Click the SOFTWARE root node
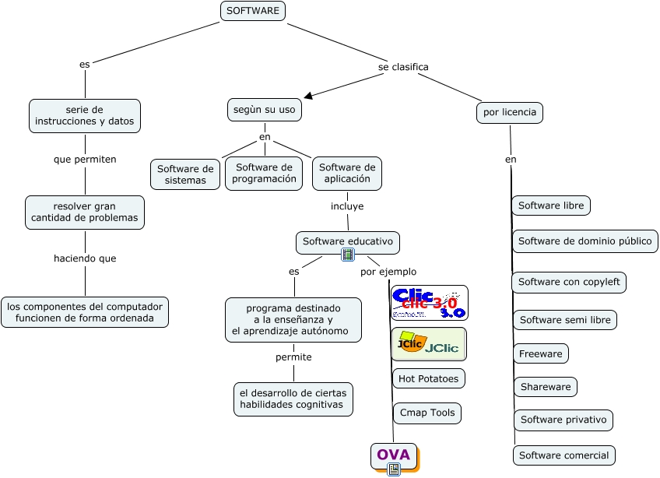[x=253, y=11]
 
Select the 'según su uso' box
[x=265, y=110]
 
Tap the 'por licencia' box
[x=510, y=112]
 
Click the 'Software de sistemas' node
[x=185, y=174]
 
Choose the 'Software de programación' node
[x=264, y=173]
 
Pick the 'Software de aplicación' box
[x=347, y=173]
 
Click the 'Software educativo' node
[x=348, y=241]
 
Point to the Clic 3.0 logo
[x=429, y=303]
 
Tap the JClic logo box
[x=429, y=344]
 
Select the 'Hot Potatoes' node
[x=429, y=378]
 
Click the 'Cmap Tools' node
[x=427, y=413]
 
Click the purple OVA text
[x=393, y=455]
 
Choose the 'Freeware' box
[x=541, y=353]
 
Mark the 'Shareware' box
[x=546, y=386]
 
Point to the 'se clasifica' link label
[x=403, y=67]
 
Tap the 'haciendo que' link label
[x=85, y=258]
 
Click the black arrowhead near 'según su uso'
[x=309, y=96]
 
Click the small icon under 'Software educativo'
[x=348, y=255]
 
